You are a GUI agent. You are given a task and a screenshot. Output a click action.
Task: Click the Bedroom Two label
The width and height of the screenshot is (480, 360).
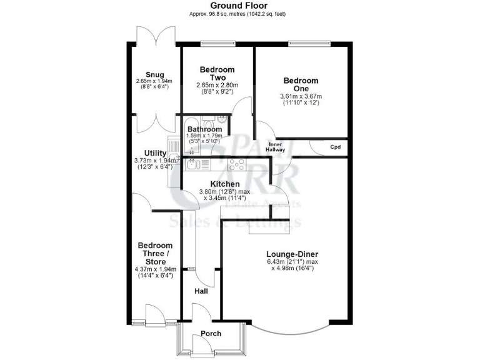coord(217,73)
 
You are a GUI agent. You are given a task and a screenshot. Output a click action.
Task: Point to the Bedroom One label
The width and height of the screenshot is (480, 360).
coord(301,85)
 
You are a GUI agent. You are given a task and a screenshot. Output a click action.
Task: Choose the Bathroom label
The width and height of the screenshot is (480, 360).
coord(204,130)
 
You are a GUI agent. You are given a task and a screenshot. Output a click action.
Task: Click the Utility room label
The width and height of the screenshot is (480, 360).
coord(155,153)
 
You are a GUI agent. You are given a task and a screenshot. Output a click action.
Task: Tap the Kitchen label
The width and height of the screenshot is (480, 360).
coord(224,184)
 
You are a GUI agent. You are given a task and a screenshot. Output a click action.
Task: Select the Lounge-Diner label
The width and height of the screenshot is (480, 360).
coord(292,254)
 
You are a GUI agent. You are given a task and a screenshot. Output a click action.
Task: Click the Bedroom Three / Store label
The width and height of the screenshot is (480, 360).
coord(155,250)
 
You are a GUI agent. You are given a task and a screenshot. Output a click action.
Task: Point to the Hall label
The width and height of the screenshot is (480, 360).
coord(201,291)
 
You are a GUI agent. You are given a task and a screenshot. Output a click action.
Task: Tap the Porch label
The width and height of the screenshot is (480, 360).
coord(211,334)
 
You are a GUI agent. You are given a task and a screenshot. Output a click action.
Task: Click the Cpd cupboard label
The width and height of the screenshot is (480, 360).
coord(336,147)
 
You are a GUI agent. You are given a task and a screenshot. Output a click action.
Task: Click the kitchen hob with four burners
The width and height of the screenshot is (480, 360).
coord(237,165)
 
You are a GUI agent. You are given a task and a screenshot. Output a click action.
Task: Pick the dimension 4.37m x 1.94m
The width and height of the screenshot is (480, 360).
coord(155,269)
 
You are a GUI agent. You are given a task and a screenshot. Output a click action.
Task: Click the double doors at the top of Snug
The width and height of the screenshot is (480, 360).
coord(152,36)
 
